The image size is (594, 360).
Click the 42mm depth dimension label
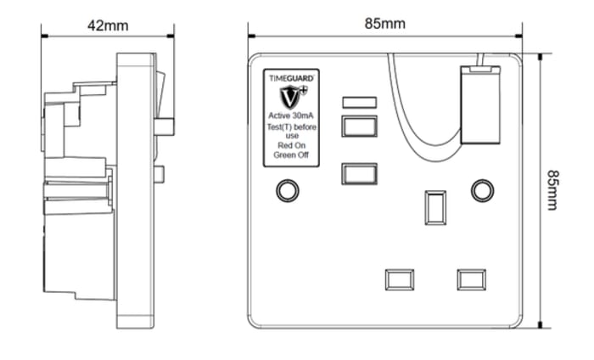(x=108, y=25)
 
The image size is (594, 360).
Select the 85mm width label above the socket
(x=384, y=24)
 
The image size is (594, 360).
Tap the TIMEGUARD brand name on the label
(x=291, y=77)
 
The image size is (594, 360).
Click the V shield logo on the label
(x=290, y=95)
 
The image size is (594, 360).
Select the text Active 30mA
(x=291, y=115)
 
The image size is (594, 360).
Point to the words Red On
(x=291, y=145)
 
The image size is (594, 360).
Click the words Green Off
(x=291, y=155)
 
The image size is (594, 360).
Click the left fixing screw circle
(x=288, y=191)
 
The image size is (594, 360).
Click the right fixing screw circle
(x=482, y=191)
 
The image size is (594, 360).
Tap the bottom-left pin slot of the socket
(x=399, y=279)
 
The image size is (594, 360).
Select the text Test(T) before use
(x=291, y=130)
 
